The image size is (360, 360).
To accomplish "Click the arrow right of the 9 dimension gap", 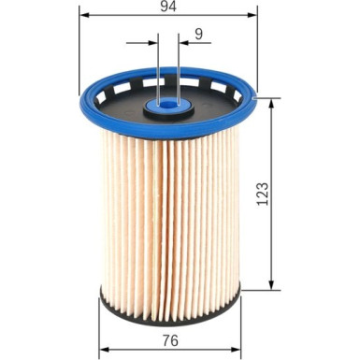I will pos(183,42).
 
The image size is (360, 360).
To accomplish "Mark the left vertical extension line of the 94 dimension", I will pos(80,56).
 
